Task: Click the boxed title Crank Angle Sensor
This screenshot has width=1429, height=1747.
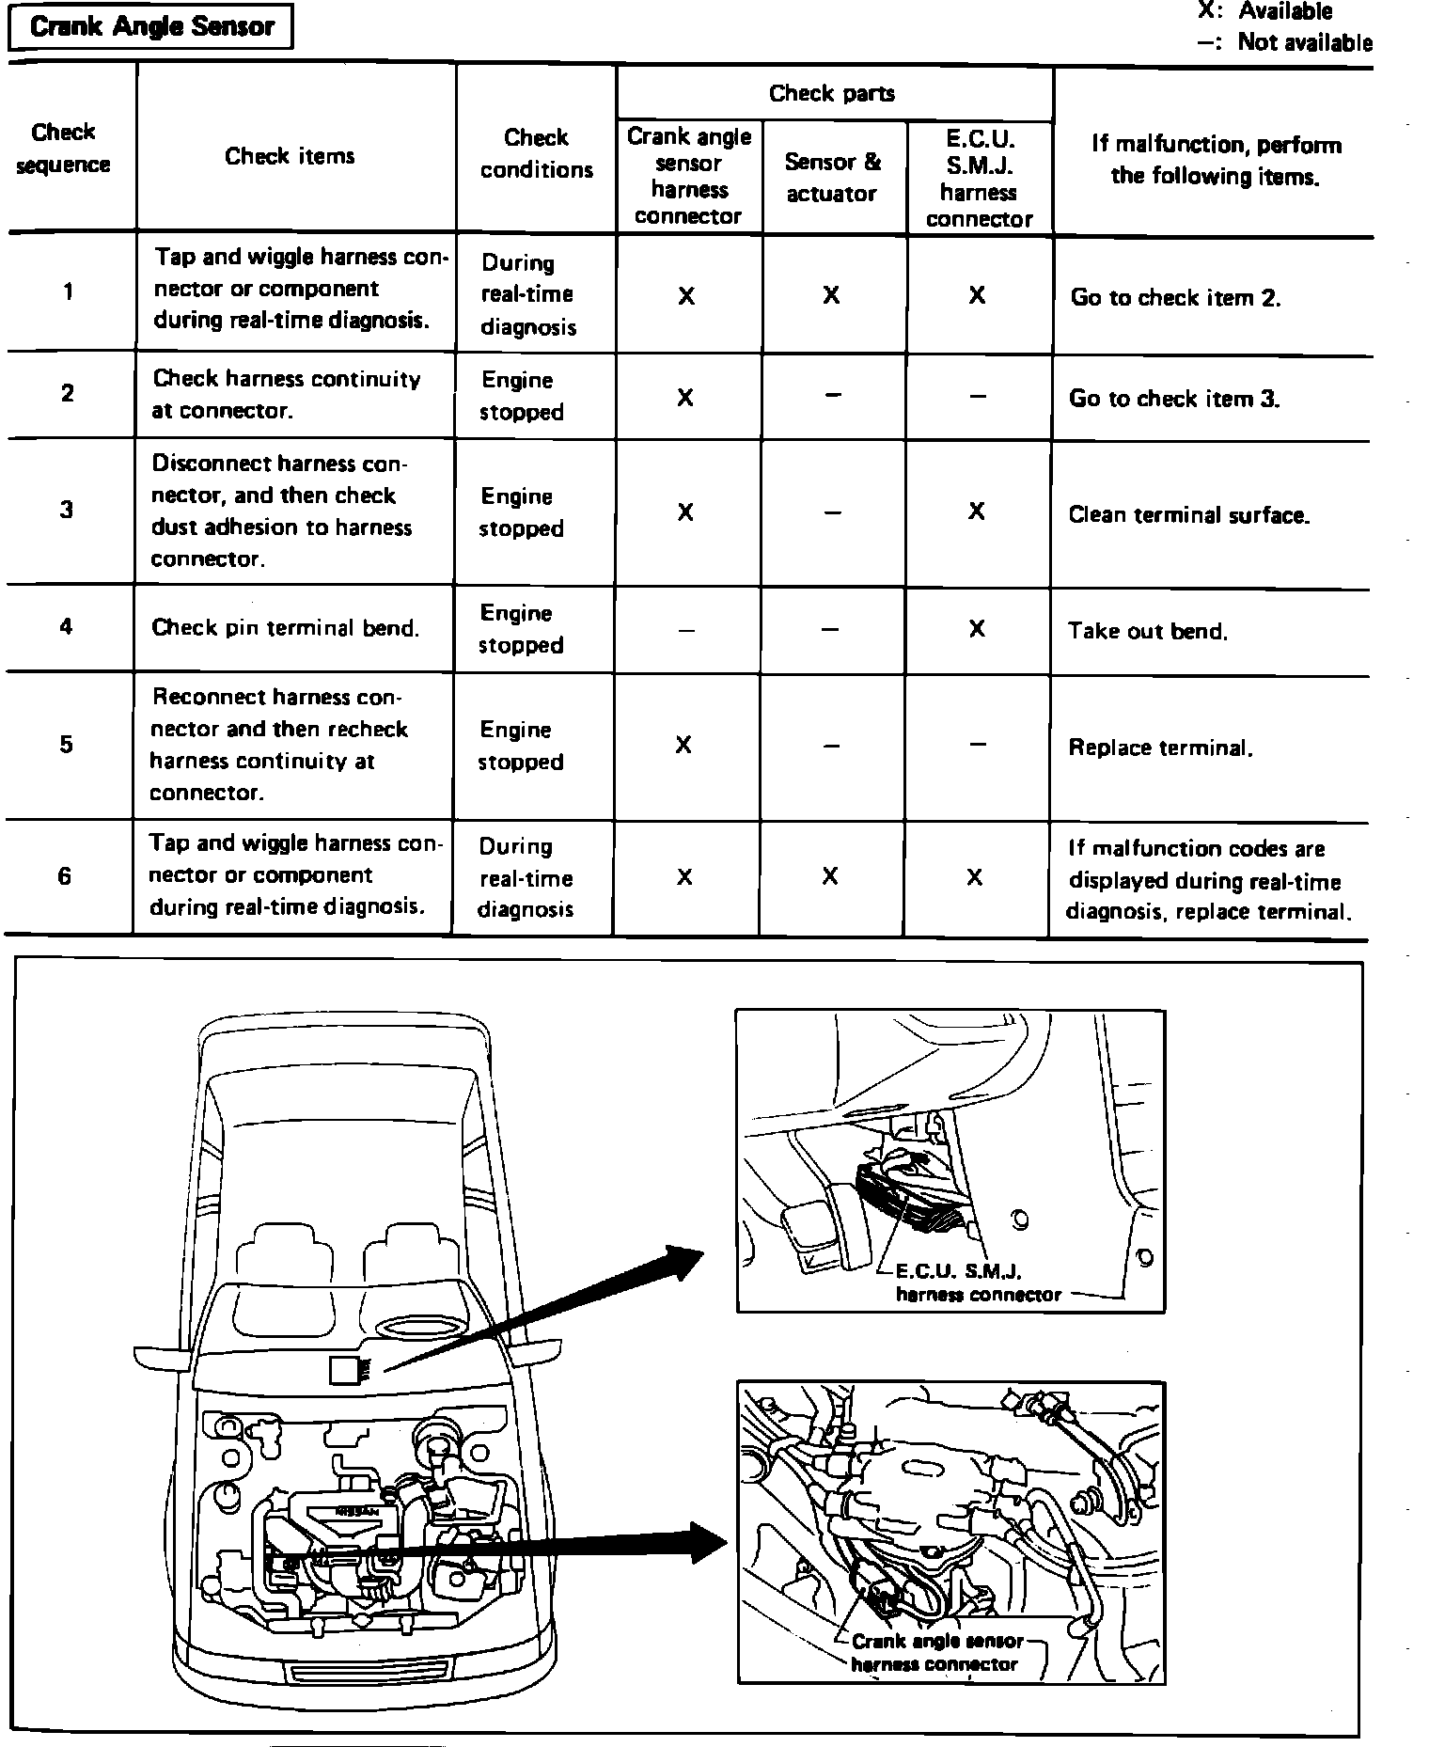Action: [150, 26]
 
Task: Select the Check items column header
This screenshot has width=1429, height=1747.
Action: [290, 156]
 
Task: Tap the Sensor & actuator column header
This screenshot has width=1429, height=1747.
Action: [832, 177]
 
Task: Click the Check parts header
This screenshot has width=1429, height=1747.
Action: [832, 93]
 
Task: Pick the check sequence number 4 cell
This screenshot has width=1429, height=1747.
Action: [66, 627]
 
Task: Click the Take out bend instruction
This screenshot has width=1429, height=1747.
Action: [1147, 631]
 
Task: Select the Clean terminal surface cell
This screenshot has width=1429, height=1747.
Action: [1188, 515]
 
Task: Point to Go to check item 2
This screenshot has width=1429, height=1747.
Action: [1175, 298]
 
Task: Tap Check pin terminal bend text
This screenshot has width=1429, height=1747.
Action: [285, 628]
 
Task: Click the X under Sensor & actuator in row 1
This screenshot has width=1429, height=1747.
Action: [831, 295]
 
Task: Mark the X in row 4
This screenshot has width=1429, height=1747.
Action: [977, 628]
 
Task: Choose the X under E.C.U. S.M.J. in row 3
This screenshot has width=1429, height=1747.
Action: [977, 511]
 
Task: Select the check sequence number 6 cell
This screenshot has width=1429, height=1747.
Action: [64, 876]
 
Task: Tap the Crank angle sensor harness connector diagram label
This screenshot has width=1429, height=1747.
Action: [936, 1652]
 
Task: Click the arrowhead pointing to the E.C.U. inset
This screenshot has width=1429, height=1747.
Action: [684, 1263]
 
